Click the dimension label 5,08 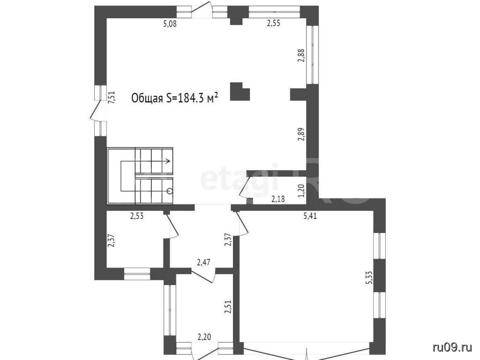pyautogui.click(x=170, y=23)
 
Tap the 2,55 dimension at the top pyautogui.click(x=274, y=23)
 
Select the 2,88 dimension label pyautogui.click(x=301, y=56)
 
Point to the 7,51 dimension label pyautogui.click(x=112, y=98)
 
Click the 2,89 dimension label pyautogui.click(x=301, y=134)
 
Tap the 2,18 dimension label pyautogui.click(x=278, y=199)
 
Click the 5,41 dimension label pyautogui.click(x=310, y=217)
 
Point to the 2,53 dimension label pyautogui.click(x=137, y=216)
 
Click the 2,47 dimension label pyautogui.click(x=203, y=262)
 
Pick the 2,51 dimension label pyautogui.click(x=228, y=307)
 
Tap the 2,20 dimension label pyautogui.click(x=204, y=337)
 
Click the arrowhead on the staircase pyautogui.click(x=168, y=161)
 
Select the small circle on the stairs pyautogui.click(x=170, y=191)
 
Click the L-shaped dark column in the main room pyautogui.click(x=240, y=91)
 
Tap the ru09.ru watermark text pyautogui.click(x=452, y=347)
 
